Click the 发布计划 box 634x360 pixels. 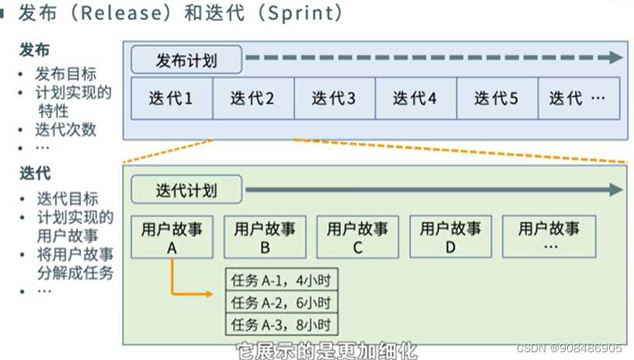pos(186,60)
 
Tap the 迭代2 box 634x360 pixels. pos(253,99)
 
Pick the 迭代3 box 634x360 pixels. pos(334,99)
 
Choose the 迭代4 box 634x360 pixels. pos(415,99)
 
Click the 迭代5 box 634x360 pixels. pos(496,99)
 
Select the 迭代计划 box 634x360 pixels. pos(186,190)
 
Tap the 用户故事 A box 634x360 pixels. pos(172,237)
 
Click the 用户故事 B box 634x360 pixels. pos(265,237)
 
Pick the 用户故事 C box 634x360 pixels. pos(357,237)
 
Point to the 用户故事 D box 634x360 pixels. pos(451,237)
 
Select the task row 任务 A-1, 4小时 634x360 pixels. pos(282,280)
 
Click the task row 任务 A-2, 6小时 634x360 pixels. pos(282,302)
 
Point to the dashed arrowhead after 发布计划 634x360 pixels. pos(616,58)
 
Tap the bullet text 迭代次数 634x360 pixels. pos(66,130)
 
